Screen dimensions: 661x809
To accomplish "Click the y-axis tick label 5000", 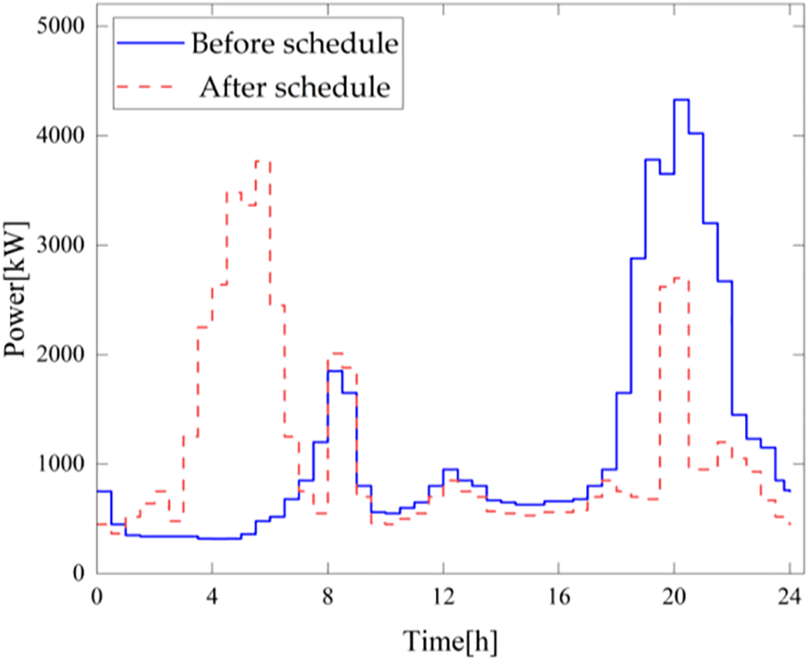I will pyautogui.click(x=59, y=27).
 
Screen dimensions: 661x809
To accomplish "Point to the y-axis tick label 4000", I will pyautogui.click(x=59, y=136).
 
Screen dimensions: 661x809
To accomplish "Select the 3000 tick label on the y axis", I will pyautogui.click(x=59, y=245).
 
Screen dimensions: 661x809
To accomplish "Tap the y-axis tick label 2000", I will pyautogui.click(x=59, y=355).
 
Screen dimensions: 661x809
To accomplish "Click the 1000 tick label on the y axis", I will pyautogui.click(x=59, y=464).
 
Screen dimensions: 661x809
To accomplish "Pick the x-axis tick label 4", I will pyautogui.click(x=213, y=597).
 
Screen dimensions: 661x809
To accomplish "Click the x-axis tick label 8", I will pyautogui.click(x=328, y=597).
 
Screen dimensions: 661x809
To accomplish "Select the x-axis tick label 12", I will pyautogui.click(x=443, y=597).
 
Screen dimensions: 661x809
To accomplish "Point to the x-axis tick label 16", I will pyautogui.click(x=559, y=597).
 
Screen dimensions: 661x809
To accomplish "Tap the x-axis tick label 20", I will pyautogui.click(x=674, y=597).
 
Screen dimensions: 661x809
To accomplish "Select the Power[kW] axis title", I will pyautogui.click(x=17, y=300).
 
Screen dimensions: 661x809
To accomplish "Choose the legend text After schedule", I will pyautogui.click(x=294, y=86).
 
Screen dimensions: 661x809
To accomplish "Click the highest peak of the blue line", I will pyautogui.click(x=681, y=100).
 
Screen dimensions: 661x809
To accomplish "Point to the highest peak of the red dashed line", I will pyautogui.click(x=263, y=160).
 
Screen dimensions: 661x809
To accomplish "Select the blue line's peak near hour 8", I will pyautogui.click(x=335, y=371).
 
